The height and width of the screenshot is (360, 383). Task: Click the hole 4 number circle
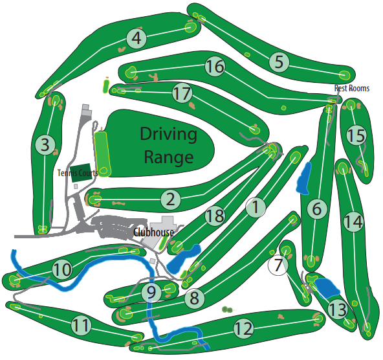tap(137, 38)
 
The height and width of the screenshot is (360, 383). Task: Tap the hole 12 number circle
tap(243, 328)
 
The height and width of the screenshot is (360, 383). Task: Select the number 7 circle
tap(278, 265)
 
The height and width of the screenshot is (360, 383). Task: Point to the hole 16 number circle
tap(215, 66)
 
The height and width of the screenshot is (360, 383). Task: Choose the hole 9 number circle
tap(151, 292)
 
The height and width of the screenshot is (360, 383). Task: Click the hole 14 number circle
tap(353, 222)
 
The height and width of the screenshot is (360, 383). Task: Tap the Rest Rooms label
tap(352, 88)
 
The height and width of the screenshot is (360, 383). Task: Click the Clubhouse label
tap(153, 232)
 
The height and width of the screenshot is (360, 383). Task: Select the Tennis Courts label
tap(78, 173)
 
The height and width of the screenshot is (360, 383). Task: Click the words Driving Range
tap(169, 146)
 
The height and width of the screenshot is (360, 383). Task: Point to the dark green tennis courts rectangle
tap(82, 173)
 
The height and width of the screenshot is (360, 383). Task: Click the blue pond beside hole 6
tap(303, 178)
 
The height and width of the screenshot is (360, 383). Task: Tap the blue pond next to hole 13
tap(327, 288)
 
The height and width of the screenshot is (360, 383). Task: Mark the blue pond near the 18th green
tap(184, 259)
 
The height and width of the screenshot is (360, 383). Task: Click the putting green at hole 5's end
tap(344, 75)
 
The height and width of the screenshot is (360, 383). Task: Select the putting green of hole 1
tap(295, 157)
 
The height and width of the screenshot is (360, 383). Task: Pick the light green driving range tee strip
tap(102, 154)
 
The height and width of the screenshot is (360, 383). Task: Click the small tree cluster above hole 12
tap(227, 310)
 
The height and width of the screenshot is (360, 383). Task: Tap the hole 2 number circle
tap(171, 199)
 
